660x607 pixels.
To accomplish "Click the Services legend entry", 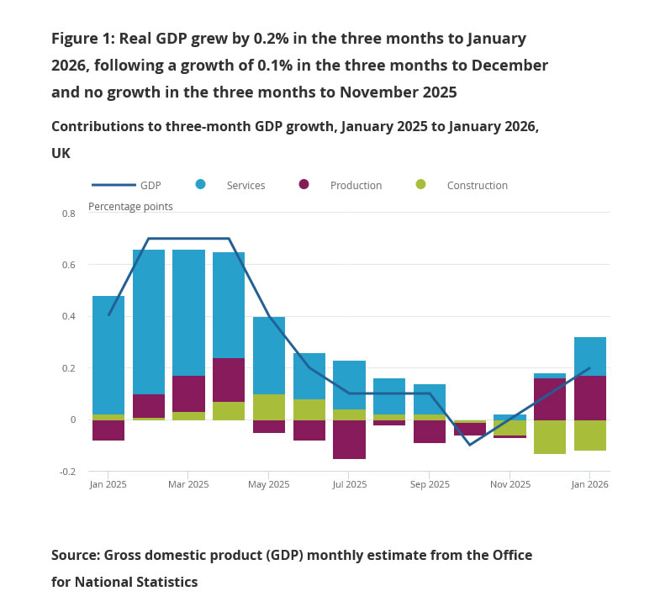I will (x=246, y=185).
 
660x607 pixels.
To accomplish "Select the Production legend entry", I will (x=356, y=185).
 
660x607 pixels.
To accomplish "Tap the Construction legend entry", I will (x=477, y=185).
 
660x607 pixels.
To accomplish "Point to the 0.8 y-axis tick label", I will (x=69, y=214).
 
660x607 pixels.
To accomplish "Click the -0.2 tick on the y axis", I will (x=67, y=472).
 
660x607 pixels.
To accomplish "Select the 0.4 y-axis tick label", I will (x=69, y=317).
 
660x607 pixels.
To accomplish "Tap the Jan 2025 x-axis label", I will (x=108, y=484).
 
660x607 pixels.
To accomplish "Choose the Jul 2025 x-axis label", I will (x=350, y=484).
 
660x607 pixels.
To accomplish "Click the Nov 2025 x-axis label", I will (x=510, y=484).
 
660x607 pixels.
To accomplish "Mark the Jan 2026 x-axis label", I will (x=590, y=484).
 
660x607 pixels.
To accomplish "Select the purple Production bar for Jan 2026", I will (x=590, y=398).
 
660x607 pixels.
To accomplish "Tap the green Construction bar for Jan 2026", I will (x=590, y=435).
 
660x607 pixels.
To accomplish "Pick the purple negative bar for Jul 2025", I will (x=350, y=440).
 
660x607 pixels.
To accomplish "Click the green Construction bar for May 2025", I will (x=269, y=407).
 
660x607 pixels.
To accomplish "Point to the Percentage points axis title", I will (x=130, y=206).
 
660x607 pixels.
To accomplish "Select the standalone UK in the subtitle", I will (x=61, y=153).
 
